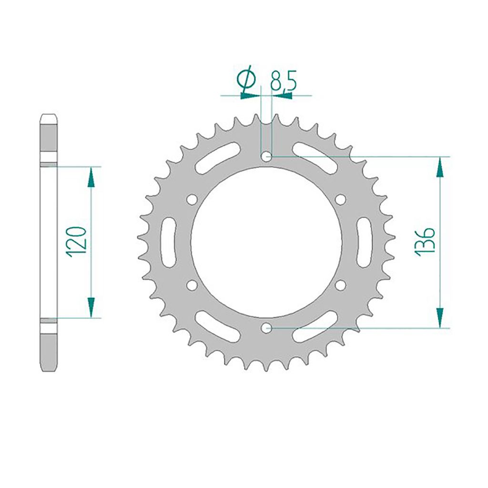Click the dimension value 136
point(425,242)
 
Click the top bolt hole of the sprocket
point(266,156)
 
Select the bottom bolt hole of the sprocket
point(266,327)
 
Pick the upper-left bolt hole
point(193,199)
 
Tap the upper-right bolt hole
point(340,199)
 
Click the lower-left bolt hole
point(193,285)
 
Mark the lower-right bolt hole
point(340,285)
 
